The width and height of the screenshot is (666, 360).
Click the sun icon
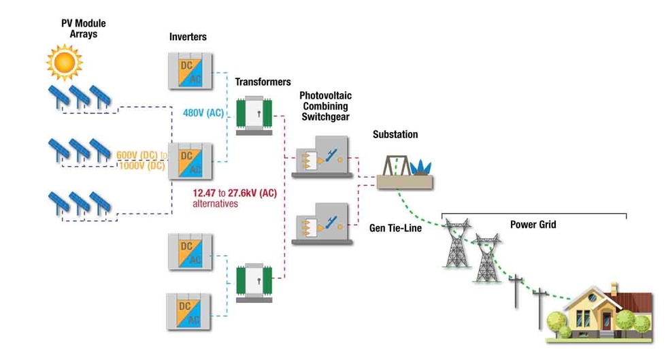click(64, 62)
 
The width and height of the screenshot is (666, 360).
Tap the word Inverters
click(188, 36)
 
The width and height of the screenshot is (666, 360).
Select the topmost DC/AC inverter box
click(190, 70)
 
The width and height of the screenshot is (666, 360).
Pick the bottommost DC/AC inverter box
click(190, 312)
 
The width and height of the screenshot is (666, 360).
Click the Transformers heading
click(263, 82)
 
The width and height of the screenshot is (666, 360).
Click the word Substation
click(395, 135)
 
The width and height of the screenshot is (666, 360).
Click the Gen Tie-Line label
click(395, 228)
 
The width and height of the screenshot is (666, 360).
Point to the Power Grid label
click(533, 225)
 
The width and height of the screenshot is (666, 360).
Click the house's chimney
click(614, 289)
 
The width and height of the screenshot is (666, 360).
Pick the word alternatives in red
click(216, 203)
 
